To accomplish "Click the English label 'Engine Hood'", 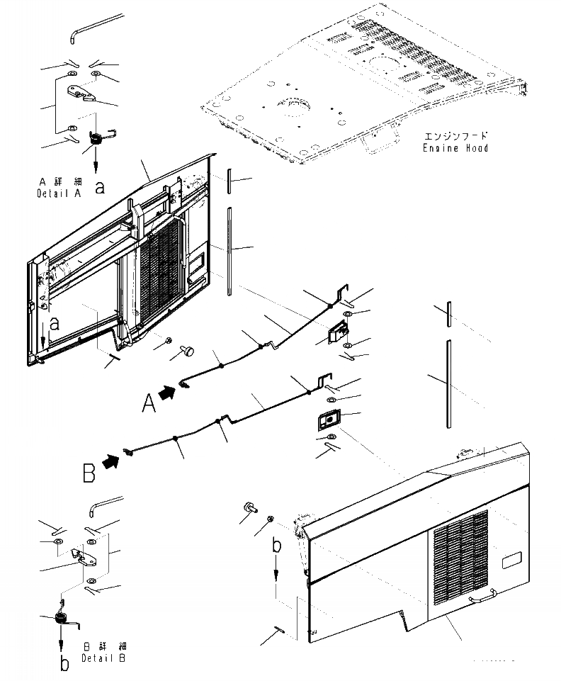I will click(456, 148).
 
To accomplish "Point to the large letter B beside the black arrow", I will click(89, 472).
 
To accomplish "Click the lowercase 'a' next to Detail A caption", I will click(100, 187).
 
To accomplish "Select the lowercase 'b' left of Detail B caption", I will click(64, 664).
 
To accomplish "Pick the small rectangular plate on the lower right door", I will click(511, 562).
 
